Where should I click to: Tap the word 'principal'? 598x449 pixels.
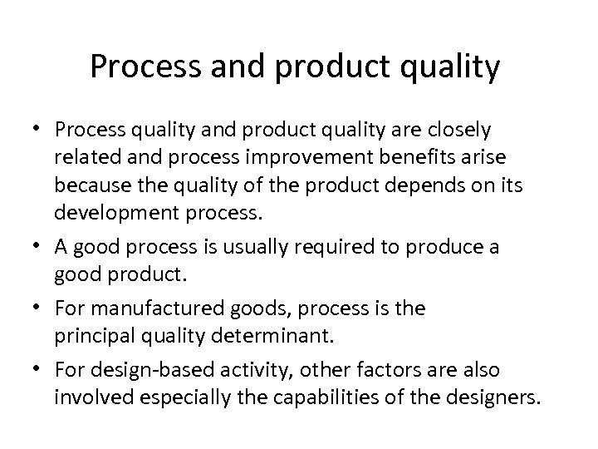pos(89,336)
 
